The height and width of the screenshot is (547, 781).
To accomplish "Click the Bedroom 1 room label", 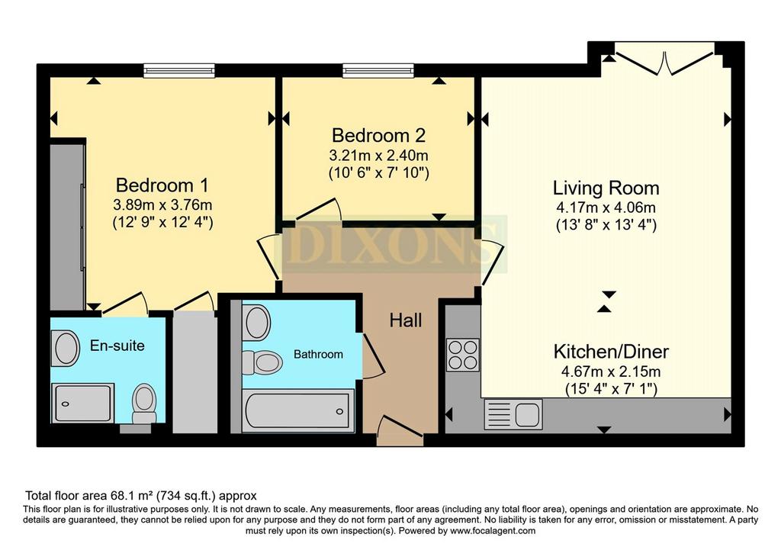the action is (162, 185).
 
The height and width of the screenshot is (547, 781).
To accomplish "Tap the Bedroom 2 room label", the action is (378, 135).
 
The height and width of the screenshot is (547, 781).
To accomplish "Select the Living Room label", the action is (606, 188).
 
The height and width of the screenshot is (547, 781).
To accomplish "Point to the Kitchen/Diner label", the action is (611, 352).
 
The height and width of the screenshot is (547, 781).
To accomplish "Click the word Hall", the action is (406, 320).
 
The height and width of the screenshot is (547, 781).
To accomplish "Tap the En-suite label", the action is (117, 346).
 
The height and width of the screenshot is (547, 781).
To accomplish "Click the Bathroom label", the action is (318, 354).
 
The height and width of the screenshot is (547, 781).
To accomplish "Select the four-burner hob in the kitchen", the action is (463, 355).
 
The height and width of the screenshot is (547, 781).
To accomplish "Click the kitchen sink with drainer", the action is (513, 414).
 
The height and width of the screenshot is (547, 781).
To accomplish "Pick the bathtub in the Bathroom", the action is (298, 410).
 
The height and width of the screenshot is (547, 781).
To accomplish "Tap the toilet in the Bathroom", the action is (262, 362).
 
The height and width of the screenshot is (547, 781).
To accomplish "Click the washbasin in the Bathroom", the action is (257, 322).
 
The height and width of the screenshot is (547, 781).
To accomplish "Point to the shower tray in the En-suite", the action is (82, 403).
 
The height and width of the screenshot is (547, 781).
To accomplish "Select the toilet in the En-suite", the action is (144, 403).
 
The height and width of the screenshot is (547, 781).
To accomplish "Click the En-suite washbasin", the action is (66, 348).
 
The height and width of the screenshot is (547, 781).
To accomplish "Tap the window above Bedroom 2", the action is (378, 71).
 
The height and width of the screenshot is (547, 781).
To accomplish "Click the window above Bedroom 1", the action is (179, 71).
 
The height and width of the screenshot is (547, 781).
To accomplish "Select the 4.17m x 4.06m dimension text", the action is (606, 208).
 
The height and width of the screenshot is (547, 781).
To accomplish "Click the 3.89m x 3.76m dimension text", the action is (163, 204).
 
